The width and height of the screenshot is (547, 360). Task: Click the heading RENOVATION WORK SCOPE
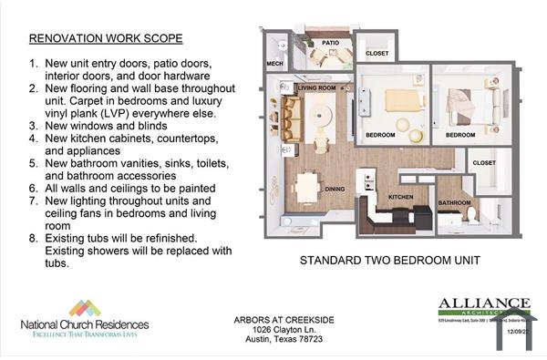(x=106, y=39)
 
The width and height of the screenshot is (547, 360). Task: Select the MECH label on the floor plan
(x=274, y=64)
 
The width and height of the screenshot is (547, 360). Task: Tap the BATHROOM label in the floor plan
(x=454, y=202)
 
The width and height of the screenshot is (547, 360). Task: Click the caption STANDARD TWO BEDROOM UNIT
(x=389, y=261)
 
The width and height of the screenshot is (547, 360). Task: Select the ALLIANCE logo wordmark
(x=483, y=303)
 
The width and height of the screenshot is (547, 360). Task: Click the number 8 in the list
(x=34, y=239)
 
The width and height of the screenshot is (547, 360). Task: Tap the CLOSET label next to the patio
(x=376, y=53)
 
